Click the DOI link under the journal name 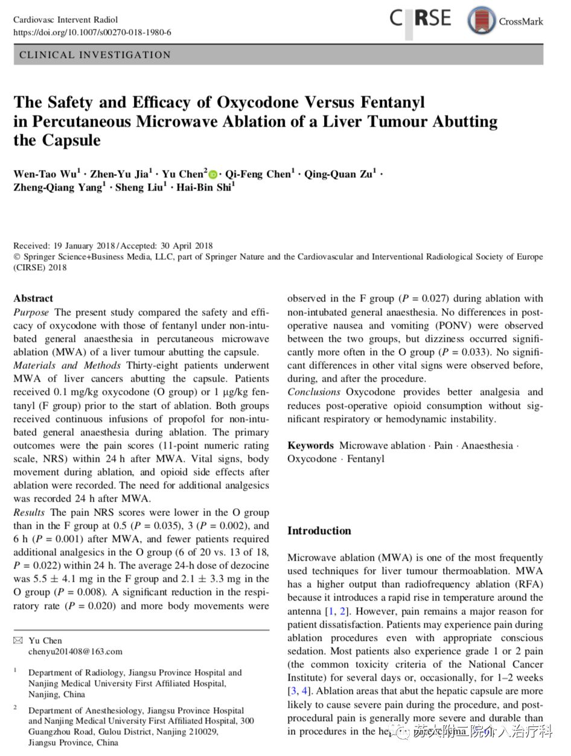click(x=92, y=32)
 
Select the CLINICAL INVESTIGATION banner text click(x=95, y=55)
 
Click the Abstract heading click(x=33, y=298)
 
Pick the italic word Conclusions click(x=314, y=392)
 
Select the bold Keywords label click(x=310, y=446)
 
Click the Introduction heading click(x=319, y=531)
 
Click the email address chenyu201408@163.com click(x=75, y=651)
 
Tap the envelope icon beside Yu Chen click(x=18, y=640)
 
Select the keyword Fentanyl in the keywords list click(x=365, y=459)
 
